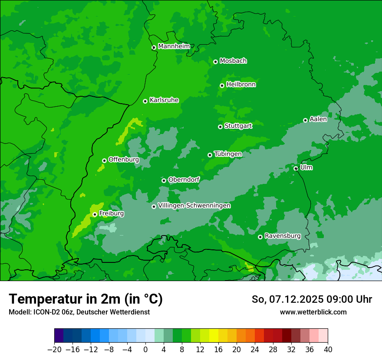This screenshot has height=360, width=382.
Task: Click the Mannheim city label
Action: click(x=174, y=46)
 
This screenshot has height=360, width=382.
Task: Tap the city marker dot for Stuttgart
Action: click(x=220, y=127)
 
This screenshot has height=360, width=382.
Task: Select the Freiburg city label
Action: click(x=112, y=213)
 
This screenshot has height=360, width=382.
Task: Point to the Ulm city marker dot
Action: click(x=296, y=168)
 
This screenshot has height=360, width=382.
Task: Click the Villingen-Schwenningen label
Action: click(x=194, y=206)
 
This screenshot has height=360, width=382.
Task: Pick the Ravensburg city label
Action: click(x=283, y=236)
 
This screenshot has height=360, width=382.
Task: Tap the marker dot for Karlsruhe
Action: click(x=145, y=101)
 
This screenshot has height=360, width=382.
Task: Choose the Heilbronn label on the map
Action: click(x=241, y=85)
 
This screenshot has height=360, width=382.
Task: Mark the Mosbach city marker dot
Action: click(x=215, y=62)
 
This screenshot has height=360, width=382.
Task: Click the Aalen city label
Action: click(x=318, y=119)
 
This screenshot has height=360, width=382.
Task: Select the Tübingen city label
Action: click(x=228, y=154)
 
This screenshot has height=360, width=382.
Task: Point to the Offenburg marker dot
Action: click(x=104, y=160)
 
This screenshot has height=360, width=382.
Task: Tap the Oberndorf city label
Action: click(x=184, y=180)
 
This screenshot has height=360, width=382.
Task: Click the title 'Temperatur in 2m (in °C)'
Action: click(x=86, y=299)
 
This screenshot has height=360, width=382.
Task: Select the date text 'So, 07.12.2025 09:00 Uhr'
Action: click(x=312, y=299)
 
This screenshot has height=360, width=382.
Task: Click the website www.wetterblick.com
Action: click(x=313, y=312)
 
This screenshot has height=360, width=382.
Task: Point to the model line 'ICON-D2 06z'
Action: click(x=79, y=312)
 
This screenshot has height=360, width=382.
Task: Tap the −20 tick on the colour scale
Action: click(x=54, y=349)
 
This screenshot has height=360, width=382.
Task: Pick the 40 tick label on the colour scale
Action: click(x=328, y=349)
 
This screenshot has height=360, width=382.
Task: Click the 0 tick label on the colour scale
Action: click(x=145, y=349)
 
